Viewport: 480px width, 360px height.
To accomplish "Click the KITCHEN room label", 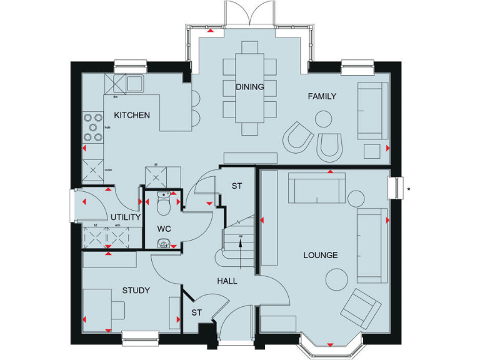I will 132,115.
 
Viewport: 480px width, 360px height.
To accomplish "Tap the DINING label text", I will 249,87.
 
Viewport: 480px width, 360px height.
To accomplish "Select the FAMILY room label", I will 322,96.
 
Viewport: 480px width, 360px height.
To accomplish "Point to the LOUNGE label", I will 321,255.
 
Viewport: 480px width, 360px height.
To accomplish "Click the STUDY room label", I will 136,290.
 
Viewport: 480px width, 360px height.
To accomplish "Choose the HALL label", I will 227,281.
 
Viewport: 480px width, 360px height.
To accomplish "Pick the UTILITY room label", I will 126,217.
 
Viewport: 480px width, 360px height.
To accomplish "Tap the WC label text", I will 164,229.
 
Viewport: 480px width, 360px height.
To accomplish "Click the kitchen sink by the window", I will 135,82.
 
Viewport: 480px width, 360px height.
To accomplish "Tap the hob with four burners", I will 93,127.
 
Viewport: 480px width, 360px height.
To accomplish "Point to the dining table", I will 249,87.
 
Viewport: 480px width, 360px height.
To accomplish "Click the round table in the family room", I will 324,119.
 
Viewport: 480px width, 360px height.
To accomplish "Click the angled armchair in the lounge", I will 361,308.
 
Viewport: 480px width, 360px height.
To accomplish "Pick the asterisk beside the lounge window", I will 408,186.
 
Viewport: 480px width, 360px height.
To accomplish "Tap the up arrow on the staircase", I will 241,241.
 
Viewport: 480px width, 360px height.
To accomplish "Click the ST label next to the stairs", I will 237,186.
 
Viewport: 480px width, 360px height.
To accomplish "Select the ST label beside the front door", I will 197,312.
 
